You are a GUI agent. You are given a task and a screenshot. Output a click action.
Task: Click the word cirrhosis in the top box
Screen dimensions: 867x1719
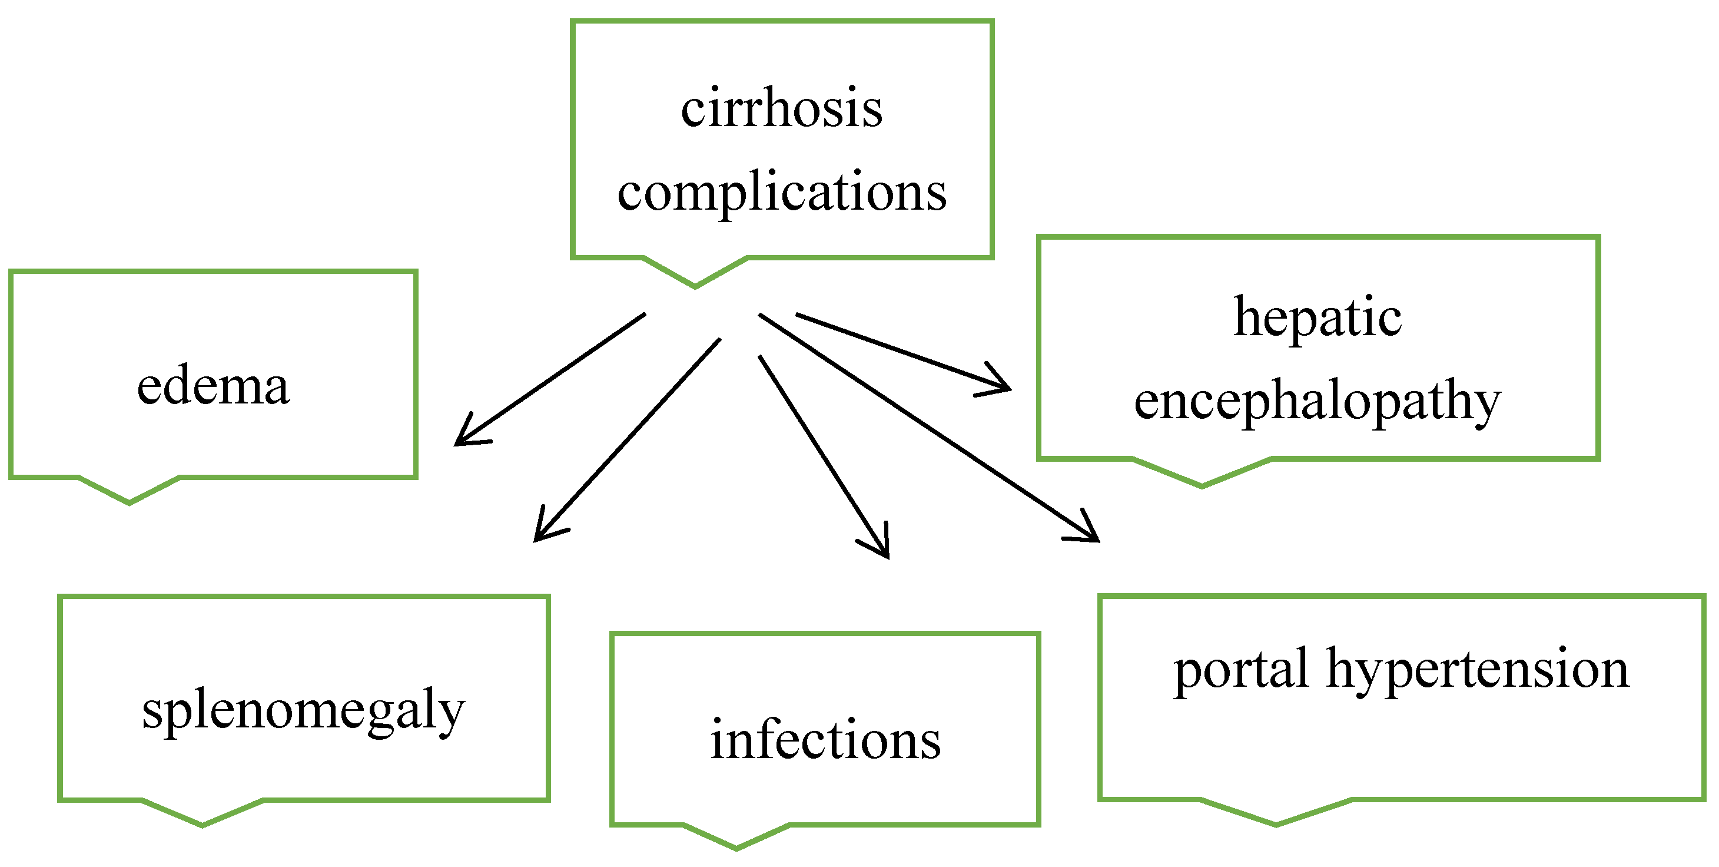(x=781, y=108)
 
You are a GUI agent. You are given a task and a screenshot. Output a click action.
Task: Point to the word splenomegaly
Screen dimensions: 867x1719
(x=303, y=710)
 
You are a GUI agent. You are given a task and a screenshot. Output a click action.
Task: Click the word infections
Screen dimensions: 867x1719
(x=825, y=740)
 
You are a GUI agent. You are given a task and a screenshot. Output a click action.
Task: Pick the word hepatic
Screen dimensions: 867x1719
(x=1318, y=316)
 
